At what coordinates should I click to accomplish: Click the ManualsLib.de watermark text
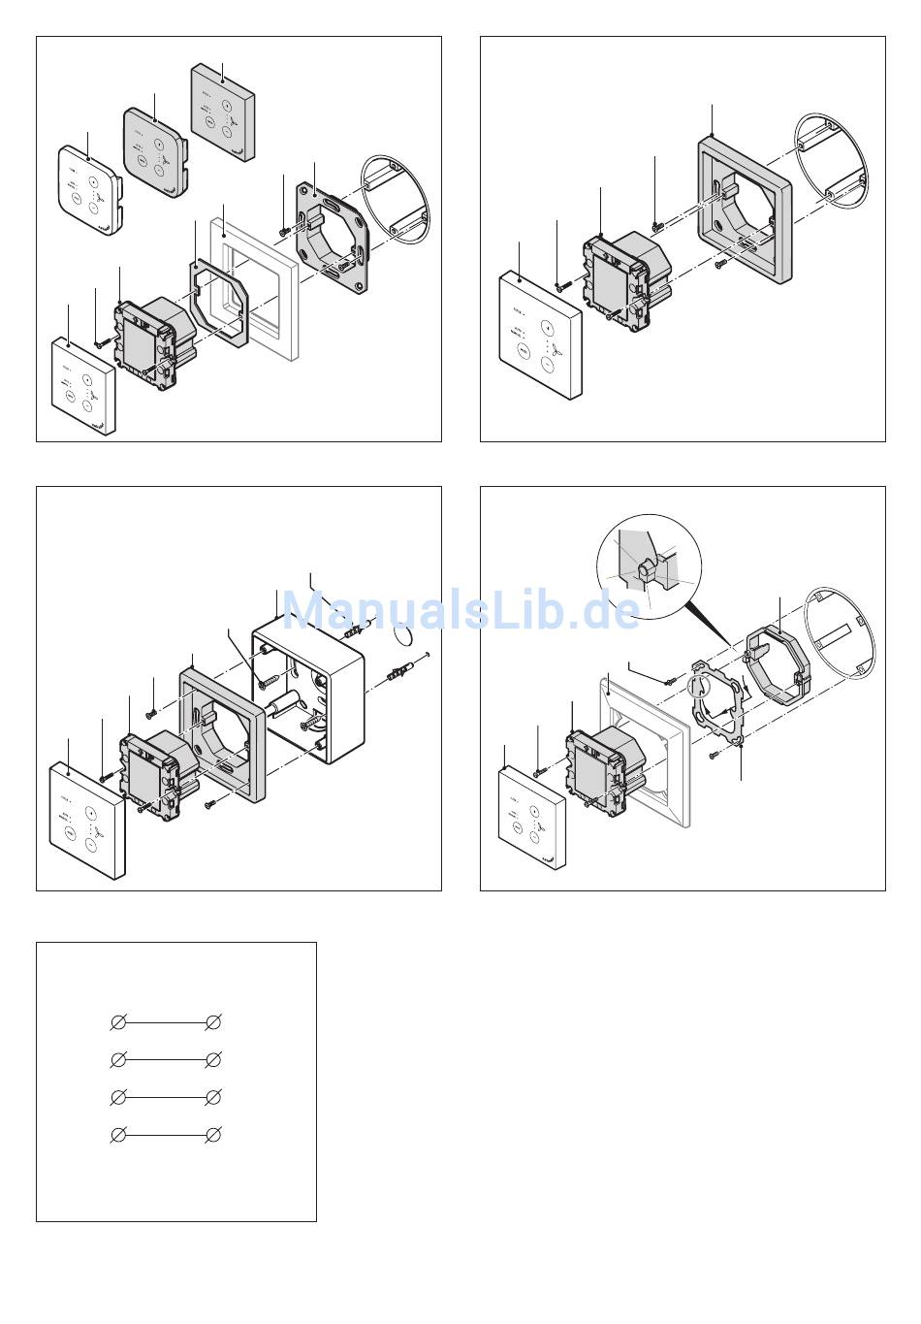click(x=460, y=609)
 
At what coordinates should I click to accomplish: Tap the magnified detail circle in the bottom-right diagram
click(x=648, y=569)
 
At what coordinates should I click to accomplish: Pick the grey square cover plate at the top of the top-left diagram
click(x=223, y=112)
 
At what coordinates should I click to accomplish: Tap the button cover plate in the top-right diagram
click(x=541, y=335)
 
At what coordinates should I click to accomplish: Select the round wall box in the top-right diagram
click(x=829, y=160)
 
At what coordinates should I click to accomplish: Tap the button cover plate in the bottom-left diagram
click(x=87, y=820)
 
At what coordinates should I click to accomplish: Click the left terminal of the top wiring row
click(x=118, y=1022)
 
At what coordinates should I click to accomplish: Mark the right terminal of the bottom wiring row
click(x=214, y=1134)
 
